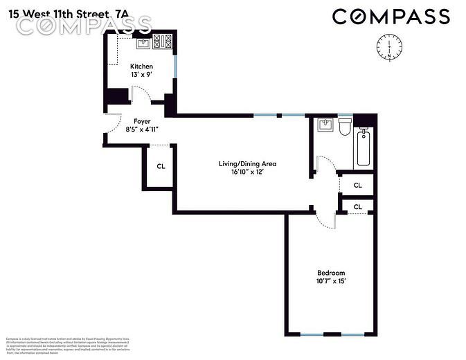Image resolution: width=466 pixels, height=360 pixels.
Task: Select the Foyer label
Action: [142, 122]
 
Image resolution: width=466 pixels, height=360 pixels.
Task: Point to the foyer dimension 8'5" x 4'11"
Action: [142, 129]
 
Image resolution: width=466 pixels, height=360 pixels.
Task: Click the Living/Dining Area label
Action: [247, 164]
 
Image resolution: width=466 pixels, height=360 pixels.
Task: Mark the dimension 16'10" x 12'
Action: [247, 172]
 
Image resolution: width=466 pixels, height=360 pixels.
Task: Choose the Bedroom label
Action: [330, 273]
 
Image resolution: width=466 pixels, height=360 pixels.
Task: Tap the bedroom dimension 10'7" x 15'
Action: [330, 281]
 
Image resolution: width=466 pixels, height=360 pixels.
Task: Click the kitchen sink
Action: [143, 43]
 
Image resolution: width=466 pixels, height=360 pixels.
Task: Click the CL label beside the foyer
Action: [161, 166]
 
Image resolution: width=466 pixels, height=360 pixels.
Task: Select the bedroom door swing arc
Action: [323, 218]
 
